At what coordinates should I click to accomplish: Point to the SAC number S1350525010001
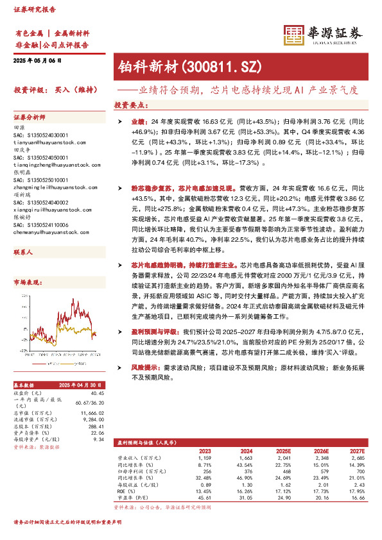click(x=40, y=180)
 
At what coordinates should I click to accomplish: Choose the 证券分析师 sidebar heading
click(x=29, y=118)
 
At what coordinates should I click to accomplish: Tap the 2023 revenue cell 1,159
click(x=204, y=459)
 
